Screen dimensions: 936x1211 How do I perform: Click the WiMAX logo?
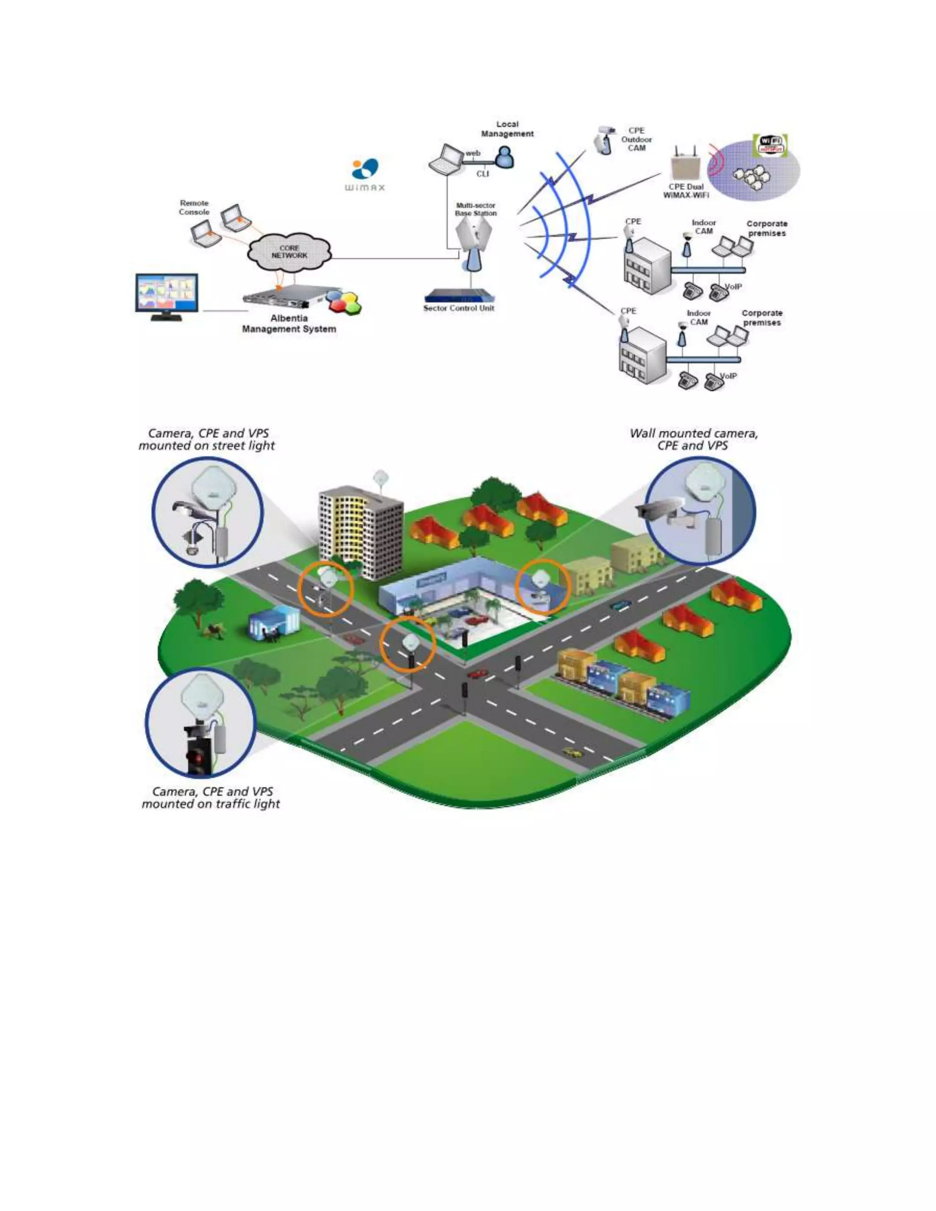coord(365,174)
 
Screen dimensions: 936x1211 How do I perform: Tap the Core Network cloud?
coord(289,252)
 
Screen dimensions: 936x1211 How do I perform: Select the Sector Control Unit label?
coord(458,308)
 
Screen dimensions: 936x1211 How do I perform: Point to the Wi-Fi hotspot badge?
coord(772,145)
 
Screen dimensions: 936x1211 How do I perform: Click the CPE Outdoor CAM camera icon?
coord(603,140)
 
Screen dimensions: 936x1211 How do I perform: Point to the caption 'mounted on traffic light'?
coord(211,804)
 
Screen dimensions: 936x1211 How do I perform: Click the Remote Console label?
coord(194,207)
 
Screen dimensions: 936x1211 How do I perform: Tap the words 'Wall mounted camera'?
coord(693,433)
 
